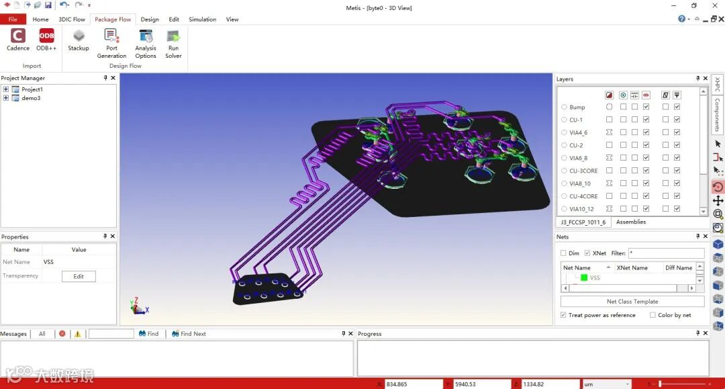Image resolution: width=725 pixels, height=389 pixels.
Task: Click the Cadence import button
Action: (18, 40)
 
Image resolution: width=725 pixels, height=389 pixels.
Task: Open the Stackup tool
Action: (79, 40)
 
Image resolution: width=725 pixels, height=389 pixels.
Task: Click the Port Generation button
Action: (111, 43)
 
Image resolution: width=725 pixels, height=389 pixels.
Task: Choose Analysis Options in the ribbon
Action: (146, 43)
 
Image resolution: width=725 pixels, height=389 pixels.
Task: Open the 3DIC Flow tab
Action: (72, 19)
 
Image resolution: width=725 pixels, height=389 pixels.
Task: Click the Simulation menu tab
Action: (203, 19)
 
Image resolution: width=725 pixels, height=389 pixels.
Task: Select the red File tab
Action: (13, 19)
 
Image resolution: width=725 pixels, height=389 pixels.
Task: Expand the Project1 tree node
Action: (5, 89)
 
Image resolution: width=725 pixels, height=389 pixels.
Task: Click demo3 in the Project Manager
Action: (31, 98)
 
